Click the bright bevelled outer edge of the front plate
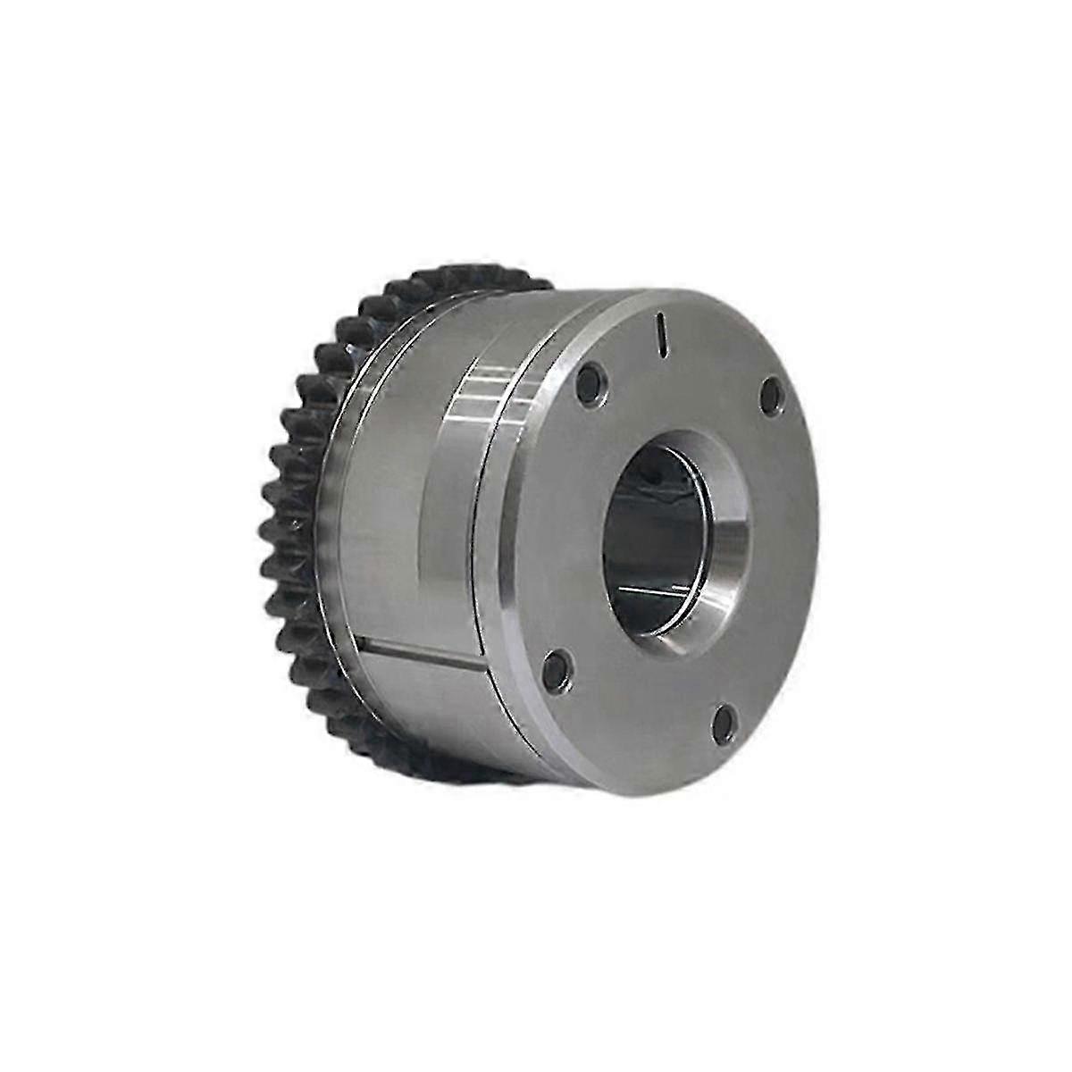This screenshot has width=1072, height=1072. point(527,536)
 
